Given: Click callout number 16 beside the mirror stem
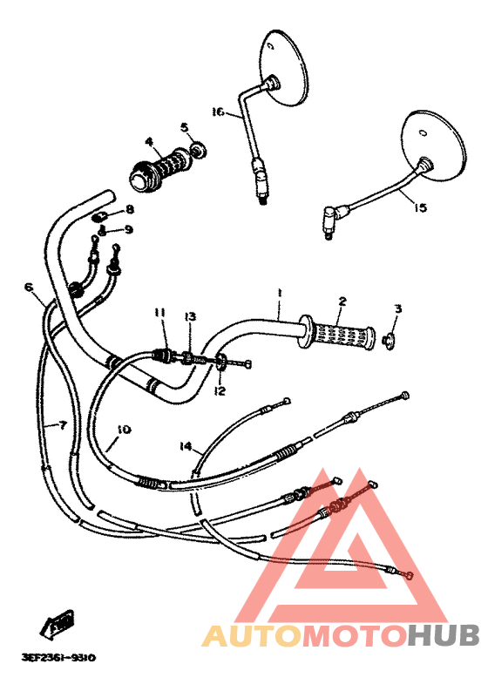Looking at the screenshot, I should (x=218, y=111).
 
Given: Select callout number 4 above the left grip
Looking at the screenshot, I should (x=149, y=141).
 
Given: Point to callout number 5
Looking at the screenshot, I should (x=185, y=127).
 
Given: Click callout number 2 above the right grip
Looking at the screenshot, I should (x=342, y=301).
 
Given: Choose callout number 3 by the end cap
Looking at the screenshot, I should (x=397, y=308).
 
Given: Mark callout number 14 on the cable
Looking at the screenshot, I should (x=185, y=446).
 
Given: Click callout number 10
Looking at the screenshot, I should (x=123, y=429).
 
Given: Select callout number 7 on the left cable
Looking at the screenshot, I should (x=62, y=425).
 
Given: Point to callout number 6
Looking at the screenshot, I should (x=29, y=286).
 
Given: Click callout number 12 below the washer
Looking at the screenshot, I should (x=220, y=391).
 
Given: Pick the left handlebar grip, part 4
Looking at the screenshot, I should (x=158, y=168).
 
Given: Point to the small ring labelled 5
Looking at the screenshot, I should (x=199, y=150).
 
